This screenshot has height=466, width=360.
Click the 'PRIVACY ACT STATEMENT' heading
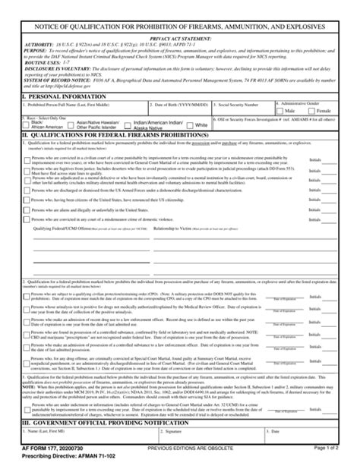click(180, 37)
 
